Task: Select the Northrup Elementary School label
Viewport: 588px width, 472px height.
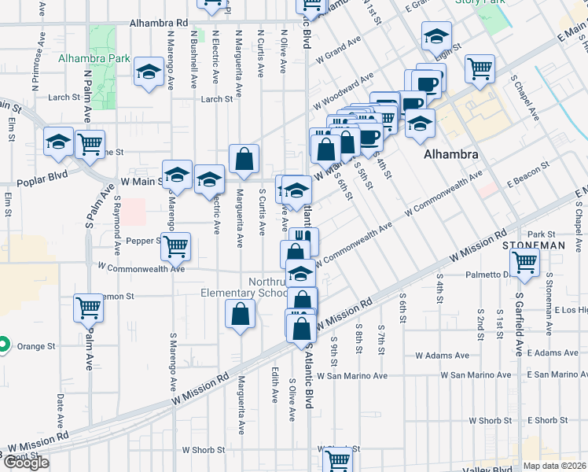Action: (x=244, y=287)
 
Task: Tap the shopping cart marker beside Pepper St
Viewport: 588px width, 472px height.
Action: (x=176, y=245)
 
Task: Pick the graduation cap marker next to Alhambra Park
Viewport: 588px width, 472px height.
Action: (x=148, y=73)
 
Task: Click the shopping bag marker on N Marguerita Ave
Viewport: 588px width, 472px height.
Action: (x=244, y=158)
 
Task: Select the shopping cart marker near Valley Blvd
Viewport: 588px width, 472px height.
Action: (x=337, y=459)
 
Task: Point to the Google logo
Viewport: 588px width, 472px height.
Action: (x=25, y=463)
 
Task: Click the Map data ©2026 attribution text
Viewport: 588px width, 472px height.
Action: (x=554, y=466)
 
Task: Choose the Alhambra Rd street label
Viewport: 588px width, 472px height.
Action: (x=159, y=24)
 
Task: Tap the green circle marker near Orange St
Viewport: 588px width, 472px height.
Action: (x=3, y=344)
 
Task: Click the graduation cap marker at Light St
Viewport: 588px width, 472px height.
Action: (x=436, y=35)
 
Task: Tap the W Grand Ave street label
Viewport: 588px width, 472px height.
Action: (x=338, y=49)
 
